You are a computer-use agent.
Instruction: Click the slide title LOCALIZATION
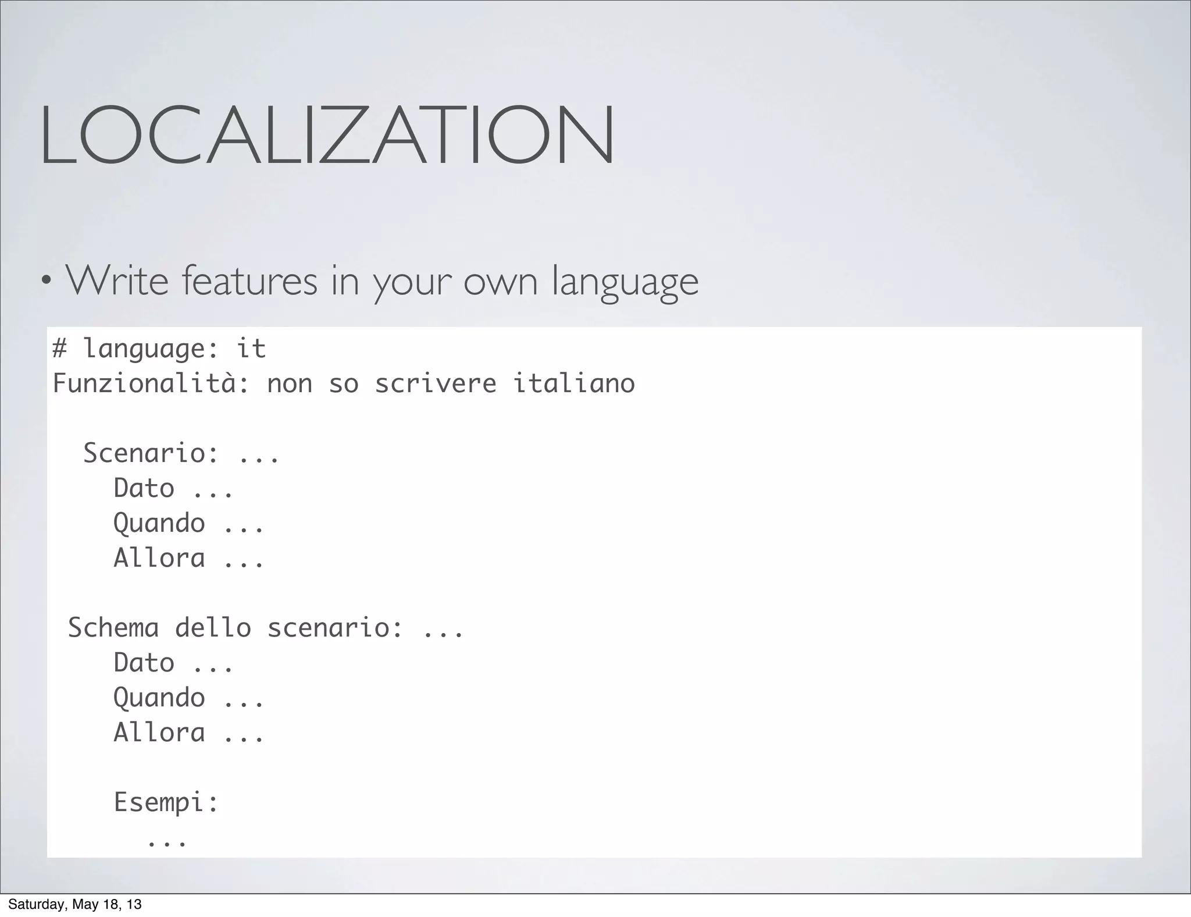click(x=326, y=135)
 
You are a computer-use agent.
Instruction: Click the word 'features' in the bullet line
click(x=249, y=282)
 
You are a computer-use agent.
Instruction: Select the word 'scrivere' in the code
click(x=436, y=383)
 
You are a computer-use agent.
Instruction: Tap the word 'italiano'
click(x=573, y=383)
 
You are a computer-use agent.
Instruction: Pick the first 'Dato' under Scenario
click(x=144, y=488)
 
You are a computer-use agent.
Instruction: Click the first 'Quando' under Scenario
click(x=159, y=523)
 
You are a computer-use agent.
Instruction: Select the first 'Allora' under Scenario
click(x=159, y=557)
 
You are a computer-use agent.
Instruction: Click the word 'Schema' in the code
click(x=113, y=628)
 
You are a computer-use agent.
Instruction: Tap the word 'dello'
click(x=213, y=628)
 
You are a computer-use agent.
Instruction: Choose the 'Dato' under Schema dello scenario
click(x=144, y=663)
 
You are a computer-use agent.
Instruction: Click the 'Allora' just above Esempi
click(x=159, y=733)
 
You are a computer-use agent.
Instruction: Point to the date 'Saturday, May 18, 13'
click(x=75, y=904)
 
